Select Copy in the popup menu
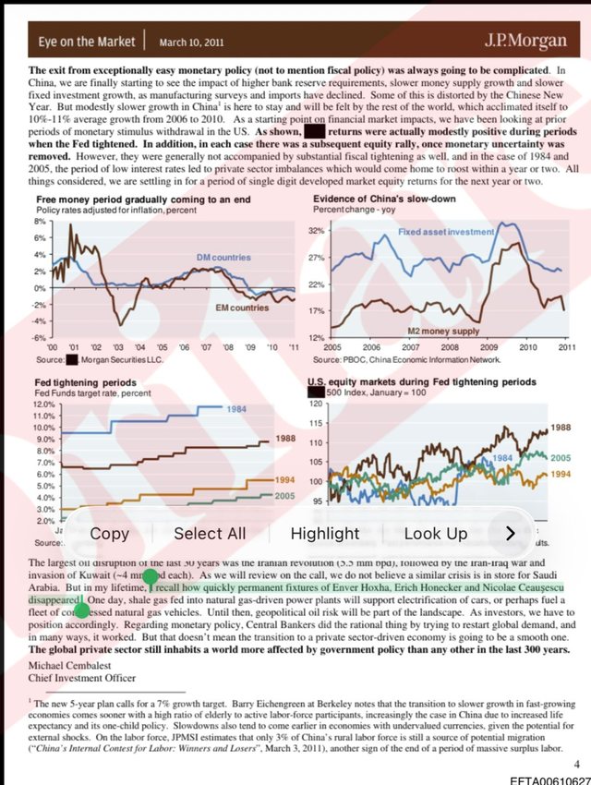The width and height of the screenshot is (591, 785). tap(109, 533)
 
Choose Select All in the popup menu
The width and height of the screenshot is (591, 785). tap(210, 533)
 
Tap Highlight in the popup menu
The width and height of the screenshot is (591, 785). tap(324, 533)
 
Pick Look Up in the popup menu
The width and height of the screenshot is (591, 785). tap(436, 533)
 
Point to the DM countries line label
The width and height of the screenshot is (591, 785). tap(223, 256)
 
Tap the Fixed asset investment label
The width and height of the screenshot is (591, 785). tap(446, 232)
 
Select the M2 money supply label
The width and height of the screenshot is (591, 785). tap(443, 330)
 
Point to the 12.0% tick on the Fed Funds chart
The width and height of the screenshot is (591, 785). tap(45, 405)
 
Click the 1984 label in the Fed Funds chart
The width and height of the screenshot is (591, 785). tap(237, 409)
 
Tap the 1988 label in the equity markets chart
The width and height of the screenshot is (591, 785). tap(560, 428)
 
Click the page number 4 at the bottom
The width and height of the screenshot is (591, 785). tap(576, 764)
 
